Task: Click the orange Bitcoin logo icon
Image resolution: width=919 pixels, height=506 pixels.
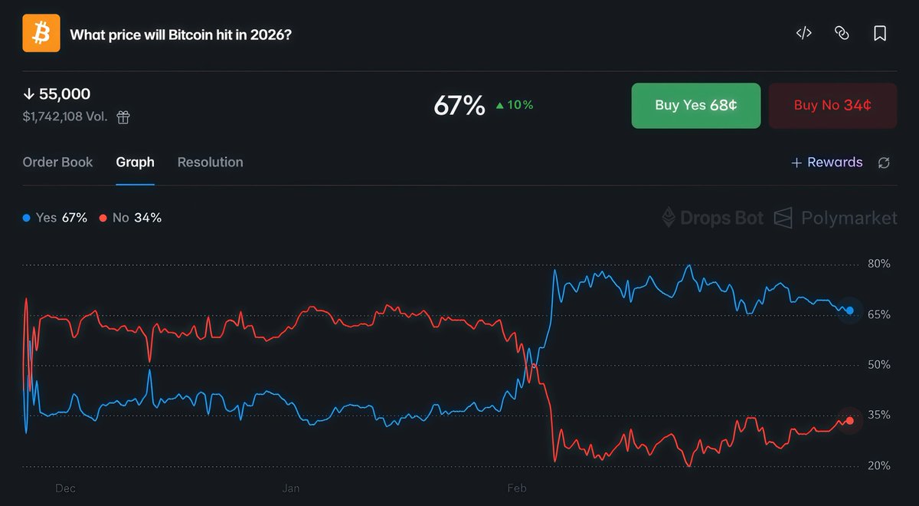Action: click(x=41, y=34)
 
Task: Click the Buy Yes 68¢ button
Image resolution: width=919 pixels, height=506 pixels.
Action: click(x=695, y=105)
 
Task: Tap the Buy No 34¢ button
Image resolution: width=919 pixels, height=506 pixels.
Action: click(x=832, y=105)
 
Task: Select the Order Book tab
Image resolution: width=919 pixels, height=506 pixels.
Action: click(x=57, y=163)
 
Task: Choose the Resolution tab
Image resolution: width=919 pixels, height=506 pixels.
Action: click(x=210, y=163)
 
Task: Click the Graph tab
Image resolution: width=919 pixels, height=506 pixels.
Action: click(x=135, y=163)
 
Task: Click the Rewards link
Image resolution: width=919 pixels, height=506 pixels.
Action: click(x=826, y=163)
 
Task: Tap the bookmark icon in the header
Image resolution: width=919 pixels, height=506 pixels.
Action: click(x=880, y=34)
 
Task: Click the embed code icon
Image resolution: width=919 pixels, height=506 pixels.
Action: click(x=803, y=34)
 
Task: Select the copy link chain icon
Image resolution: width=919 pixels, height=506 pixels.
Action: click(x=842, y=34)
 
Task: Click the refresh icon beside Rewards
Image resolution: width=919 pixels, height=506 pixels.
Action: click(x=884, y=163)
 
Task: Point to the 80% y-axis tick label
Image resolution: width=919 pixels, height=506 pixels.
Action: click(x=879, y=264)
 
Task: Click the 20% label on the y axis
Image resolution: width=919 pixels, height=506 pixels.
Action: click(x=879, y=465)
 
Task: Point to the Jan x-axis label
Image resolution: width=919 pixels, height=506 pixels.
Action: click(x=290, y=488)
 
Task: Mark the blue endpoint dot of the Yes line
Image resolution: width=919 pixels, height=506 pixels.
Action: click(x=849, y=310)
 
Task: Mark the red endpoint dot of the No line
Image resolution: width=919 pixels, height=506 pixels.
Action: click(x=849, y=420)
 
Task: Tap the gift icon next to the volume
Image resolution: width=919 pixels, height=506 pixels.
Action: click(x=123, y=117)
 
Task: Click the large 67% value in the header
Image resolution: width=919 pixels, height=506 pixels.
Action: click(x=459, y=106)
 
